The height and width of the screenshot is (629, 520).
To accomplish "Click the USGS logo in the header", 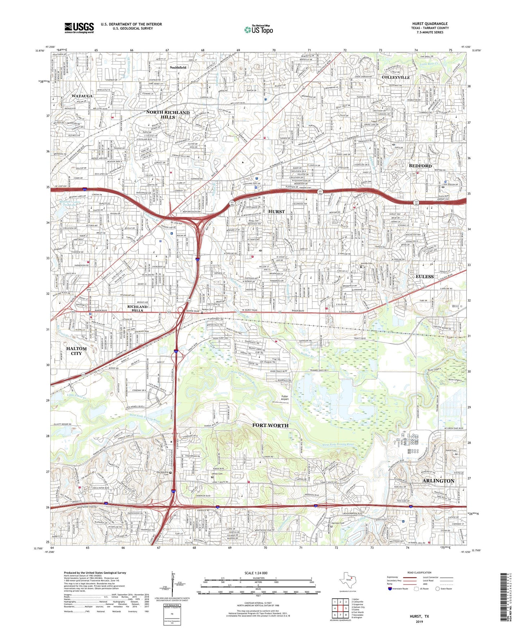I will coord(79,28).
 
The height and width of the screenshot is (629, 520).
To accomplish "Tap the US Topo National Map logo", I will coord(258,30).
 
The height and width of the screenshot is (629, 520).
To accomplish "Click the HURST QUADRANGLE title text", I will coord(430,24).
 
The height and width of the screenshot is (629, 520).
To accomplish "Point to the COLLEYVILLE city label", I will coord(395,77).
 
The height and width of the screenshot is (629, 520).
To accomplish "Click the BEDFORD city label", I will coord(420,166).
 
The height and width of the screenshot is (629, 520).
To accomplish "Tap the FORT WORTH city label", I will coord(270,425).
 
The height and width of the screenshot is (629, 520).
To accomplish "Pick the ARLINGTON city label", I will coord(439,481).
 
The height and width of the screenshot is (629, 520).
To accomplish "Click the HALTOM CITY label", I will coord(76,351).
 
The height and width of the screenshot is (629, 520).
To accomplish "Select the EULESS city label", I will coord(425,276).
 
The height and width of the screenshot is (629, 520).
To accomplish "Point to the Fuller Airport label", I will coord(285,398).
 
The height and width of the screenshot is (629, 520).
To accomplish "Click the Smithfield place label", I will coord(178,67).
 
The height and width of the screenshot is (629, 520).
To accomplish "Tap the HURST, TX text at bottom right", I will coord(419,616).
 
